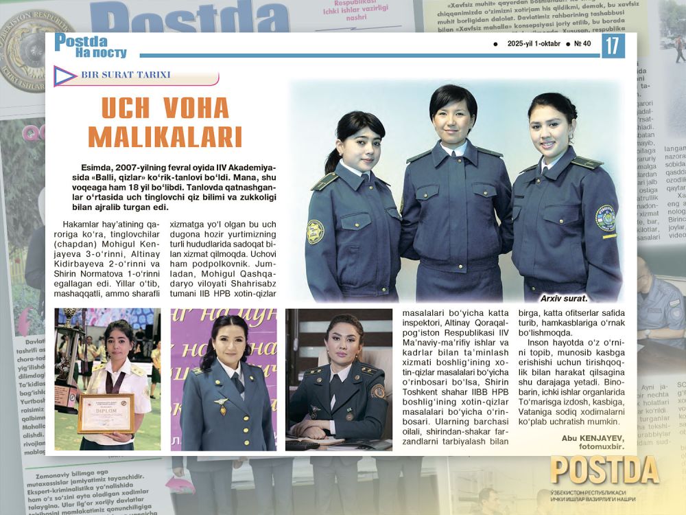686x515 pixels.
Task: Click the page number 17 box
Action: click(613, 46)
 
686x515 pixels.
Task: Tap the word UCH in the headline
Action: click(126, 108)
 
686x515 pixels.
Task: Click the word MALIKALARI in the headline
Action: click(165, 136)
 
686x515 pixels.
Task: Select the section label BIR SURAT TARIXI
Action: click(126, 75)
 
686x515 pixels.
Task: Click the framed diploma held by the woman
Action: click(106, 413)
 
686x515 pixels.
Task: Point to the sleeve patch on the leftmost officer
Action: click(315, 231)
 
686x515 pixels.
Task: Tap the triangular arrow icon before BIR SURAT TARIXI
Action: click(65, 75)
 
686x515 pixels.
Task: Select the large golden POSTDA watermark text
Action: click(604, 471)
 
